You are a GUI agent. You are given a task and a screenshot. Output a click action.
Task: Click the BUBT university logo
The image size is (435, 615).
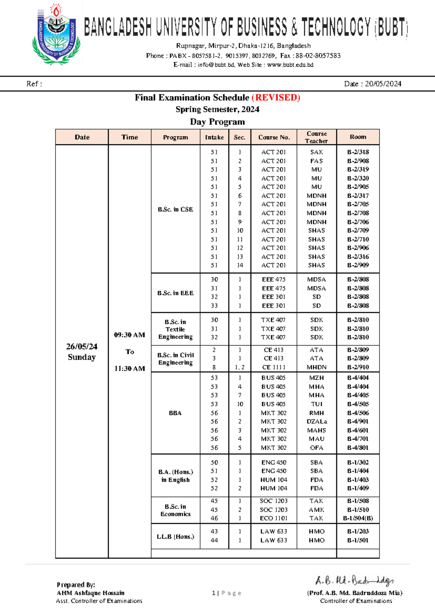point(56,35)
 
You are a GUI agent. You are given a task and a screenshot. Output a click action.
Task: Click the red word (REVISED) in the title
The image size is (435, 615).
point(275,98)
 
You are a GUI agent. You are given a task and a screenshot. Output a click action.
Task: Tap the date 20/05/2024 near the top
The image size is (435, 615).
point(383,84)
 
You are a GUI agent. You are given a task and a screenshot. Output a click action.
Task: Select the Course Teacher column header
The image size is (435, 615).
point(316,137)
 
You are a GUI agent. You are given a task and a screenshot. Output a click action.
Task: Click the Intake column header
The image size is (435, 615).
point(214,137)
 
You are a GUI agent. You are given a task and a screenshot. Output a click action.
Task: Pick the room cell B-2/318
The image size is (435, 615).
point(358,152)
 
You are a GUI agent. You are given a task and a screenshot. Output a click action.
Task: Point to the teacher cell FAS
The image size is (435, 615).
point(316,161)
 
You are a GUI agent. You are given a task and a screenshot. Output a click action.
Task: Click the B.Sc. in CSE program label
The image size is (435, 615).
point(175,209)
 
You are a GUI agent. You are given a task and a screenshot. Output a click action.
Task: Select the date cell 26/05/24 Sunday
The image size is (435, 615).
point(82,351)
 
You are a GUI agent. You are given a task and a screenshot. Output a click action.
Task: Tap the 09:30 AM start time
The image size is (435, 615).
point(129,335)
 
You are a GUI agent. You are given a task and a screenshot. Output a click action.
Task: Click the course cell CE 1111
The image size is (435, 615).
point(274,367)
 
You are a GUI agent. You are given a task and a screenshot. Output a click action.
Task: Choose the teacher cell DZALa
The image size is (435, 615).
point(316,421)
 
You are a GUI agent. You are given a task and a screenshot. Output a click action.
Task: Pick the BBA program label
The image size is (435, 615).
point(175,413)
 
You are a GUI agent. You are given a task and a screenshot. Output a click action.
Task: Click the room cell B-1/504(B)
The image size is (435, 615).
point(358,518)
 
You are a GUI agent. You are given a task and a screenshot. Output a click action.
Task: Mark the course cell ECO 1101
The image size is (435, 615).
point(274,518)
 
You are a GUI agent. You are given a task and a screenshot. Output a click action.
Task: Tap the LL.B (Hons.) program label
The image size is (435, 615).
point(175,536)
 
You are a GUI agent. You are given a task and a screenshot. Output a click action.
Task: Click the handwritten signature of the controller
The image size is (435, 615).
point(354,581)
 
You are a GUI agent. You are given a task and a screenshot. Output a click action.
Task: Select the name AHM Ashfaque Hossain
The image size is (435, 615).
point(91,593)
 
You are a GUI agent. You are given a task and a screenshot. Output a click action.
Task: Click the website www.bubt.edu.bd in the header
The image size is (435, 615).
point(290,65)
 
